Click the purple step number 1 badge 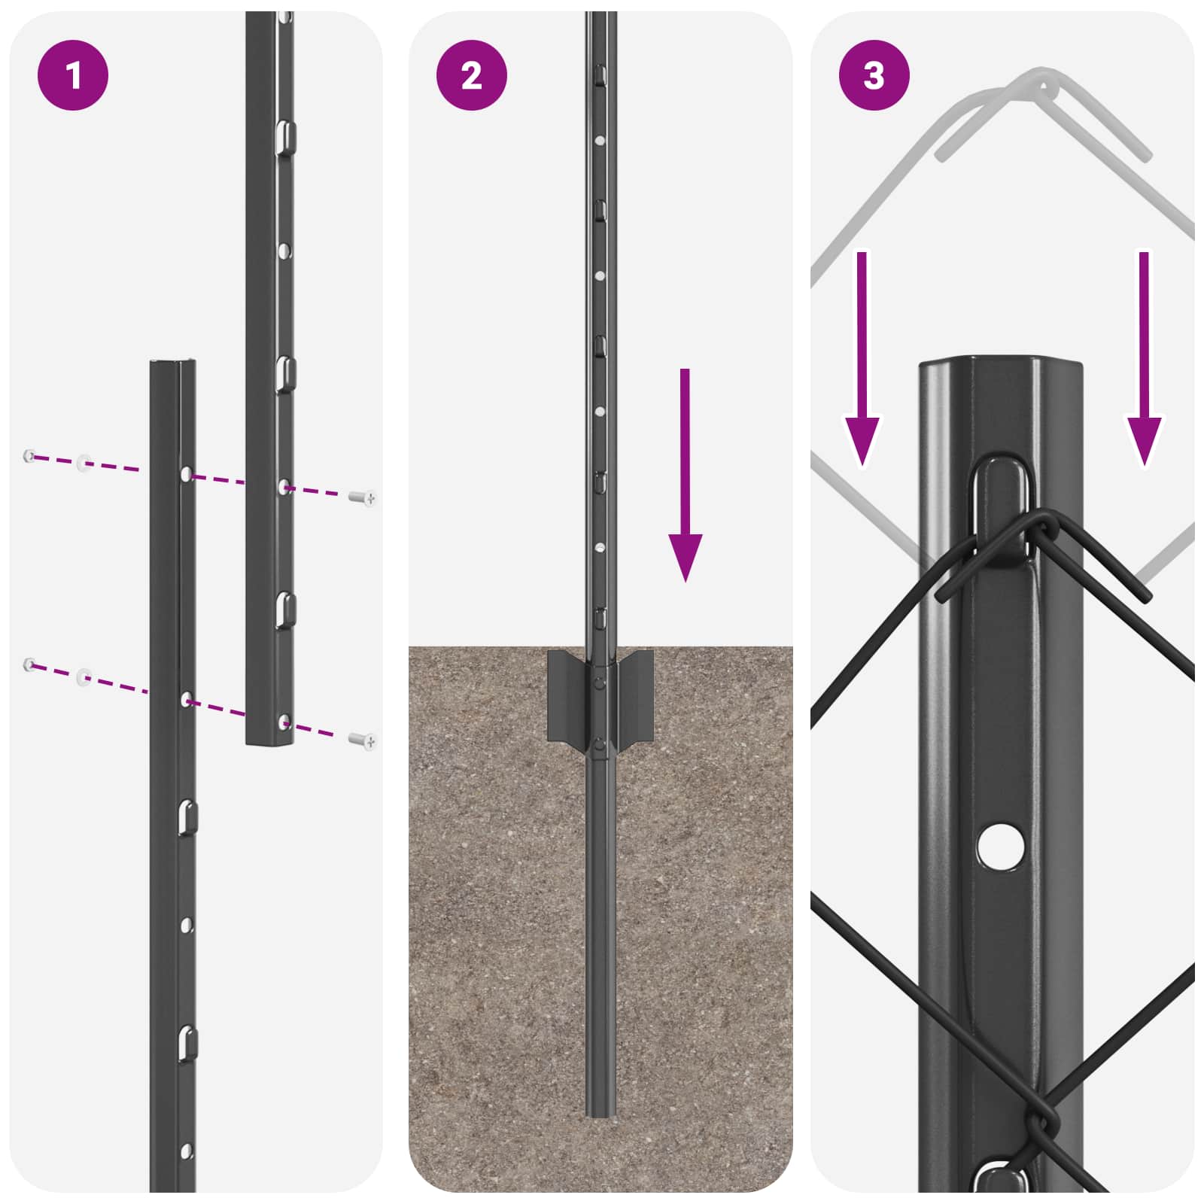(73, 75)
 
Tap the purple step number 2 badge (471, 75)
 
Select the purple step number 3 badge (874, 75)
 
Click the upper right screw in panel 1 (363, 497)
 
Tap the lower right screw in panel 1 (363, 741)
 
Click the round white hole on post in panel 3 (1000, 845)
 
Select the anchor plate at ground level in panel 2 (600, 696)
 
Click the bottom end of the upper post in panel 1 (269, 741)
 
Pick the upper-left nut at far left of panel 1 (29, 455)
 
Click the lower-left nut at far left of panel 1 (29, 664)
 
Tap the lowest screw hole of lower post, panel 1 (187, 1151)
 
